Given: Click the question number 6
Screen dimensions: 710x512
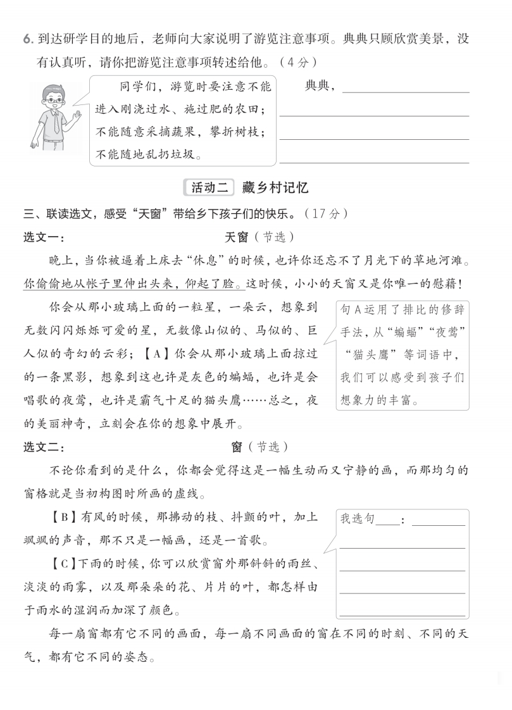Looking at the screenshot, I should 27,39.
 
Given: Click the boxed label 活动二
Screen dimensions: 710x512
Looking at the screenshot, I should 209,188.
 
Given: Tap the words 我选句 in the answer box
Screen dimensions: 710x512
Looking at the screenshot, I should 358,519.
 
